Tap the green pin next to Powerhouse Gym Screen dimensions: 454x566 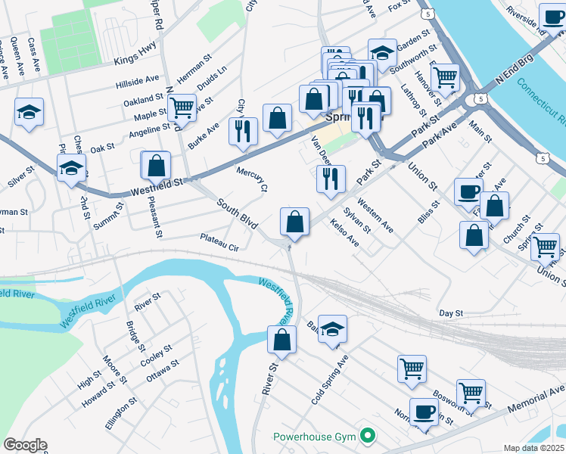368,435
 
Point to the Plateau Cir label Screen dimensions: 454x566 219,241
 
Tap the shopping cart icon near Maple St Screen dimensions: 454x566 182,107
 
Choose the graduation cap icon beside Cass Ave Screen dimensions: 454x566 29,113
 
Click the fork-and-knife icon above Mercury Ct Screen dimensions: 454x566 243,130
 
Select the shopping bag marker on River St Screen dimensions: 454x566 281,340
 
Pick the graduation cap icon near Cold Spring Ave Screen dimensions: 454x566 332,329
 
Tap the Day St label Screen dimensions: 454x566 450,313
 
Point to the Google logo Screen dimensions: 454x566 25,445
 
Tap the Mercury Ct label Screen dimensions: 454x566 253,177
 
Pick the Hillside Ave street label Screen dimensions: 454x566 137,79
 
